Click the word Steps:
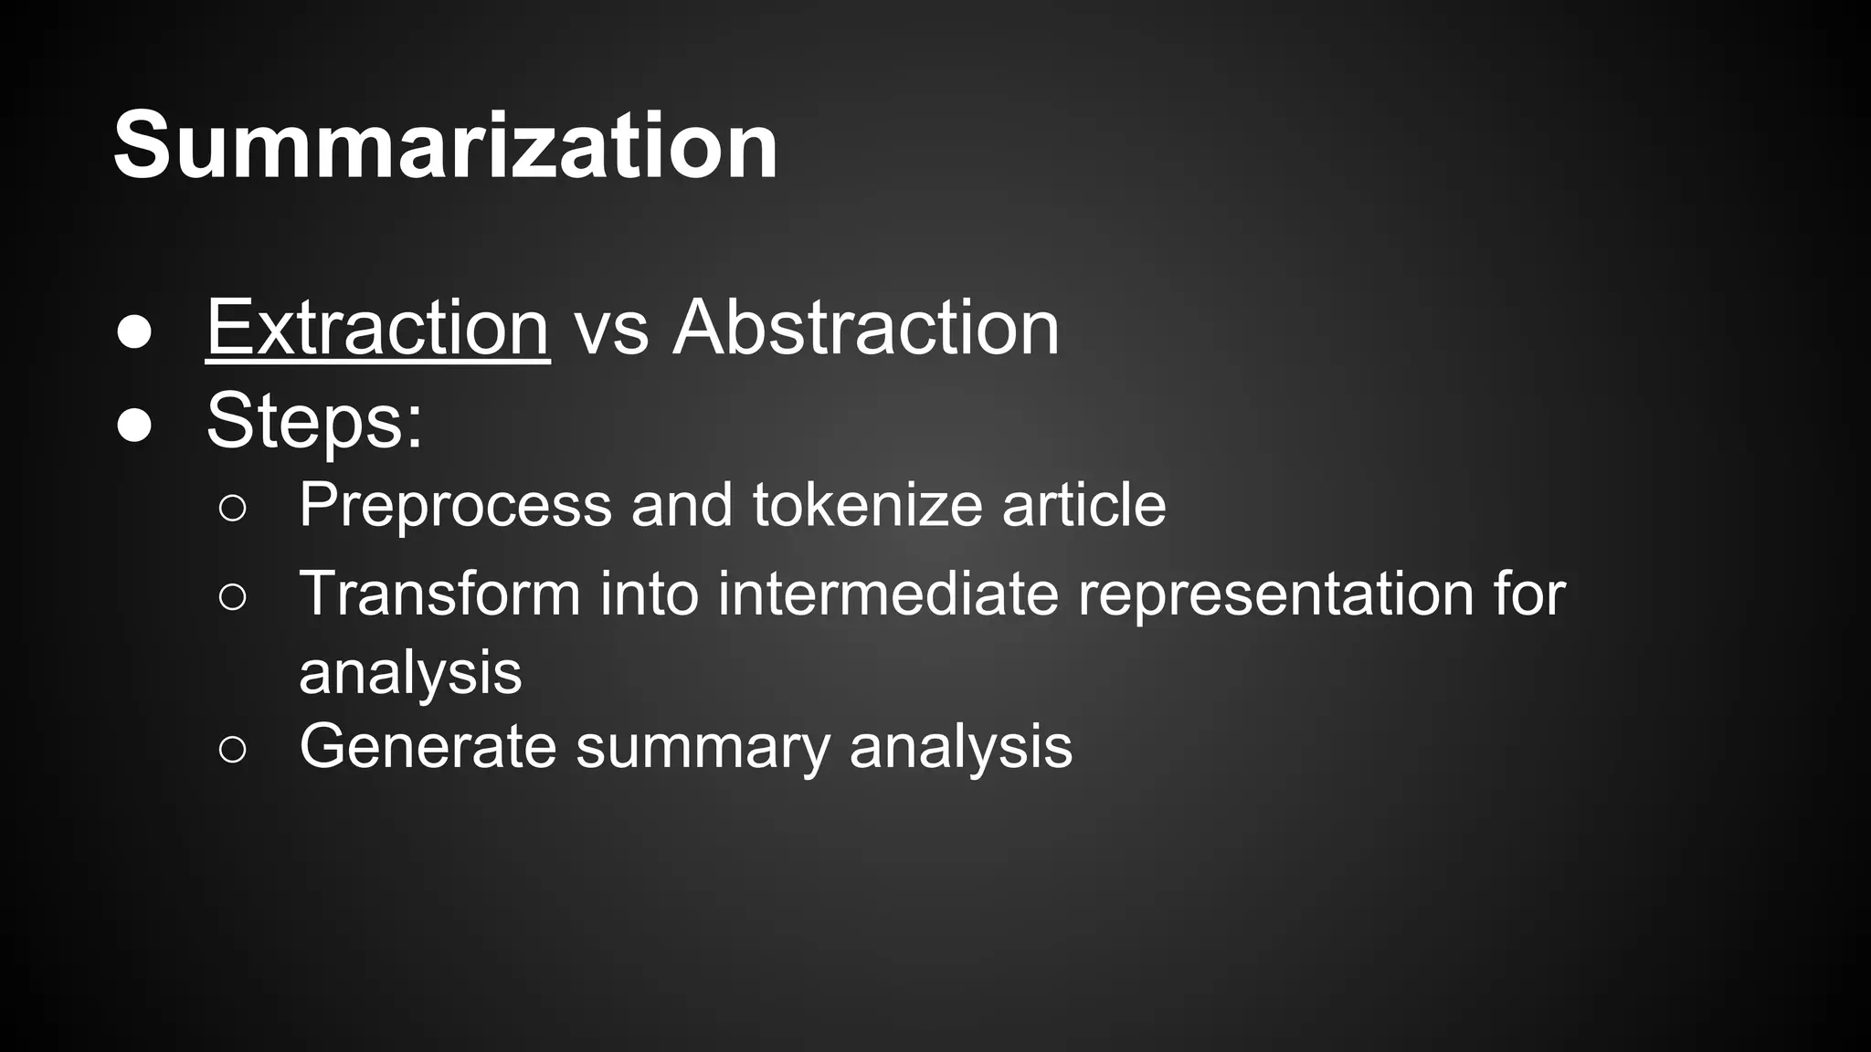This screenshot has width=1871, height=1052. (x=314, y=421)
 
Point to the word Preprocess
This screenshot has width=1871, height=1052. (x=455, y=505)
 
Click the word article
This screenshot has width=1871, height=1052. (x=1083, y=504)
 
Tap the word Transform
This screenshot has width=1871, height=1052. (x=439, y=594)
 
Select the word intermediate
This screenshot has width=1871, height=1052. (x=887, y=594)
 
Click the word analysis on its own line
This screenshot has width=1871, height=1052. (x=410, y=674)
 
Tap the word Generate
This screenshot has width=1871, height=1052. (x=428, y=746)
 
